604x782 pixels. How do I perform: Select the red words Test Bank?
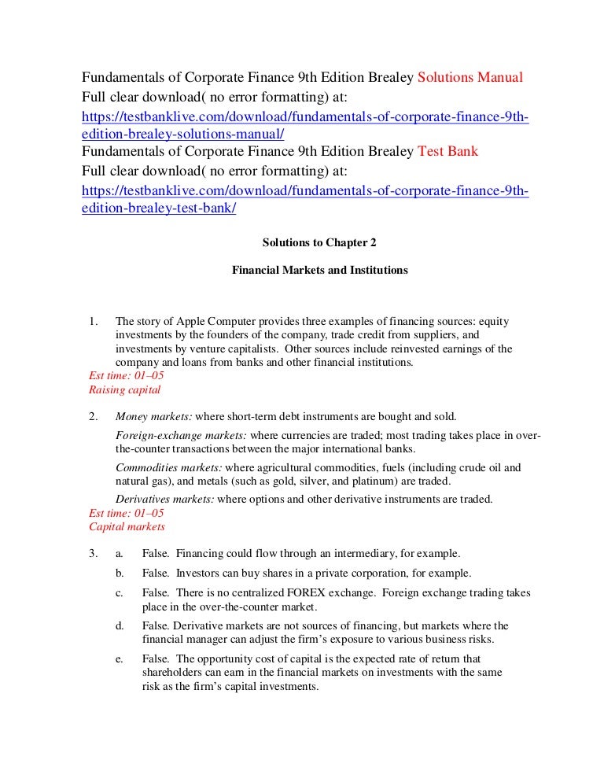click(447, 152)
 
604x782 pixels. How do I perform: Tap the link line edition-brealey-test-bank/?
click(159, 208)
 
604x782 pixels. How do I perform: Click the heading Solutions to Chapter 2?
click(319, 243)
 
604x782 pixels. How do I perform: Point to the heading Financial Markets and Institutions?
click(319, 270)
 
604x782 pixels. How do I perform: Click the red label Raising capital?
click(124, 389)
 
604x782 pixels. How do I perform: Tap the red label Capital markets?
click(127, 526)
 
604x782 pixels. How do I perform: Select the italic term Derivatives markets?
click(164, 499)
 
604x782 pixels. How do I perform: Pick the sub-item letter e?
click(120, 658)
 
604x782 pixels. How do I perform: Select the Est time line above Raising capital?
click(126, 376)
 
